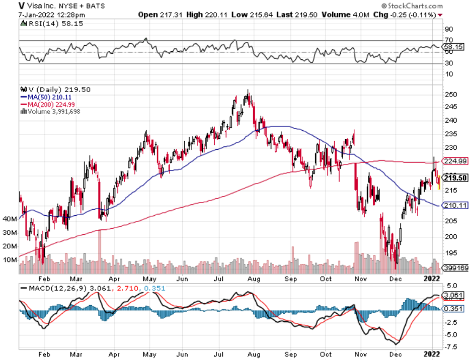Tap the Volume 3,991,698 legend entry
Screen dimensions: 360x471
click(53, 111)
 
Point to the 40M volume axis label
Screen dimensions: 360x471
click(10, 219)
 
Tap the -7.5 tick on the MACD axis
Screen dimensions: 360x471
click(451, 346)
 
